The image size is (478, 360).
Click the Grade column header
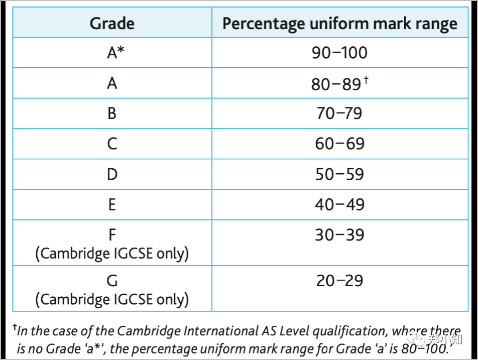click(112, 24)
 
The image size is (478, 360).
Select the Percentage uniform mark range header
click(339, 24)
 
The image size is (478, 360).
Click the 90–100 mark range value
click(339, 53)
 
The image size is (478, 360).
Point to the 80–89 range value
click(335, 84)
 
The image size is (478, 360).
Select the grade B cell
click(112, 113)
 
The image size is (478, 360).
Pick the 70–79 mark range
click(339, 113)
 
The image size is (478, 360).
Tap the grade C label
click(112, 144)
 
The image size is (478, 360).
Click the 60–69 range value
click(339, 144)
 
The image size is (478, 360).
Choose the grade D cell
click(112, 175)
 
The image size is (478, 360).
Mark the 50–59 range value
click(339, 175)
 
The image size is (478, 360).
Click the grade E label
click(112, 205)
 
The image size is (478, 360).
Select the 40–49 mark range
click(339, 205)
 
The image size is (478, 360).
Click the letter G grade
click(112, 281)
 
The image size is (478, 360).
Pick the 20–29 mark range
click(339, 281)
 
